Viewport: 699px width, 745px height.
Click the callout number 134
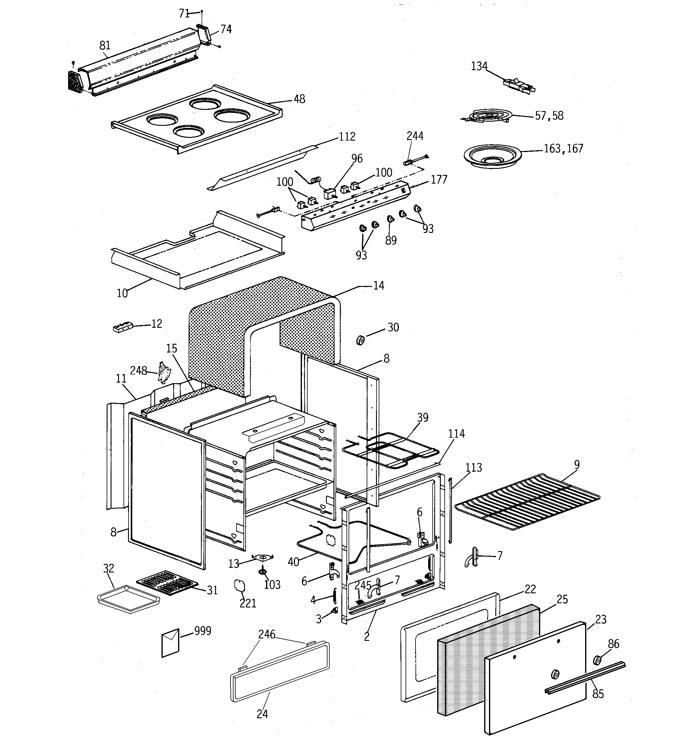pos(479,66)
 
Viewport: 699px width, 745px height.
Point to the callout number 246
pos(266,635)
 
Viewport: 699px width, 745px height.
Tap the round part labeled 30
pos(360,340)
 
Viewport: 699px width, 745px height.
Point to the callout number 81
pos(105,45)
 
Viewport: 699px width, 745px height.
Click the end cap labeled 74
pos(204,35)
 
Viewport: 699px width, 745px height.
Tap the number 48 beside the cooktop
pos(299,99)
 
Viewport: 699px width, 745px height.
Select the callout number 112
pos(347,136)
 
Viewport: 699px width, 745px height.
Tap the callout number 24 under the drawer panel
pos(262,714)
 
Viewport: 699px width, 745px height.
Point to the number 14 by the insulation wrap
pos(378,286)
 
